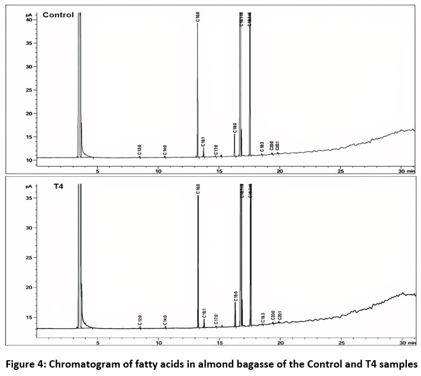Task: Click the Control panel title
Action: (x=58, y=15)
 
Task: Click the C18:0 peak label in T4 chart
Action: (x=236, y=296)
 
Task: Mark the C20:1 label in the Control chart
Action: (x=278, y=147)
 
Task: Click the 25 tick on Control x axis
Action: (x=341, y=170)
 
